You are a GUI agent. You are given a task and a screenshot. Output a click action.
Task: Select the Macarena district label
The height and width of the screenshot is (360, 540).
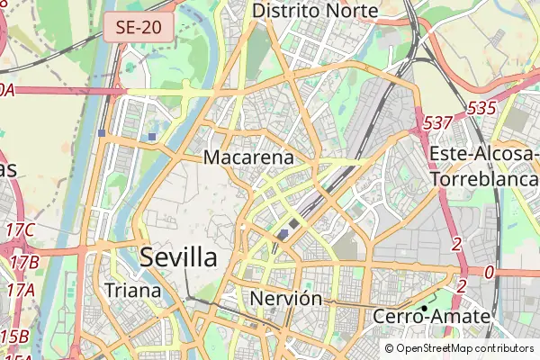point(249,157)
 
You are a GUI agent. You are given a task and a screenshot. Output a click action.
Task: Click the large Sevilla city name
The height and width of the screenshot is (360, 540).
point(178,257)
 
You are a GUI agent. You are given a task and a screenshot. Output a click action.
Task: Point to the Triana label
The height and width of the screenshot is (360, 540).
point(132,290)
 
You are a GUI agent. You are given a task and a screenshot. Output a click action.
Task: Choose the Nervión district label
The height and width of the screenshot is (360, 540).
point(286,298)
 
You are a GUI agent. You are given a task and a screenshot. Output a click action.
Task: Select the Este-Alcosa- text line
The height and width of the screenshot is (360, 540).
point(483,154)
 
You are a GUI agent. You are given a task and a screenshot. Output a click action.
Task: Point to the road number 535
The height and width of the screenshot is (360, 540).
point(481,108)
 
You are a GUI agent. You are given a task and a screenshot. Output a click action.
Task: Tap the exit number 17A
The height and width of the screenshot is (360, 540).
point(20,290)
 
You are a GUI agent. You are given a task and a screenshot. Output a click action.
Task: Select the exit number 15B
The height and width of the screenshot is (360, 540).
point(14,337)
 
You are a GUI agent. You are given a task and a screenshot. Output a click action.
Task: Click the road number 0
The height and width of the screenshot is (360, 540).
point(489,272)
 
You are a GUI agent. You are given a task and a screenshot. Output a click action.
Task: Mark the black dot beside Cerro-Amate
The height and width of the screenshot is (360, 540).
point(424,308)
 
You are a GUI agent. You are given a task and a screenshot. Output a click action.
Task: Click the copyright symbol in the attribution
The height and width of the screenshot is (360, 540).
point(389,347)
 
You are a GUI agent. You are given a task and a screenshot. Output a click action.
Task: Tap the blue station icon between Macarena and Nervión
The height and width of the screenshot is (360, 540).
point(283,235)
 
